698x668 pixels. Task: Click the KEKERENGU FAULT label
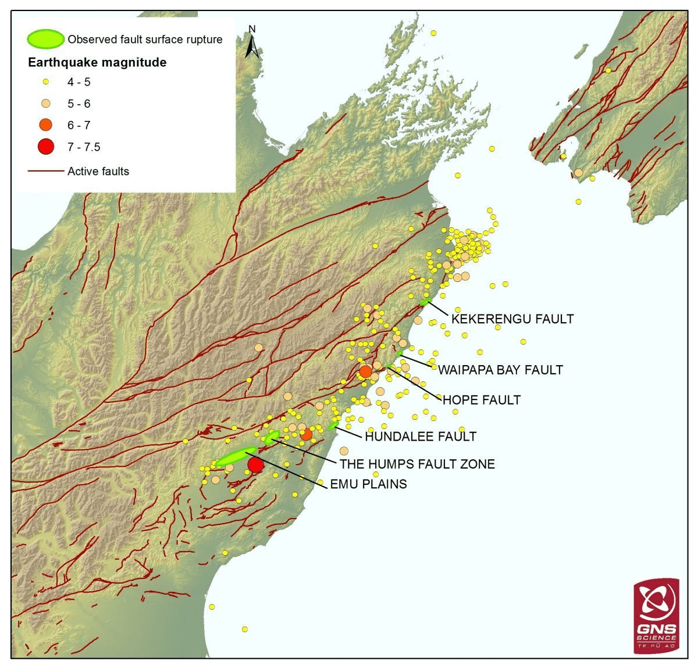pos(512,319)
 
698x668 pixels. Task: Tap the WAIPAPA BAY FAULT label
pos(500,370)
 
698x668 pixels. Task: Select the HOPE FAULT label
pos(481,400)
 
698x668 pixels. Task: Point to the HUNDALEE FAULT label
pos(421,436)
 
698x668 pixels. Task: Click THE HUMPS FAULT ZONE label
pos(417,464)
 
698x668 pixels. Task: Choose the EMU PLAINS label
pos(368,484)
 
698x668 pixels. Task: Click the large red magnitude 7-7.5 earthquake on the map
pos(255,465)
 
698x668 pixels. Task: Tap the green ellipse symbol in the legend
pos(45,39)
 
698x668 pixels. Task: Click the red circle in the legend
pos(46,147)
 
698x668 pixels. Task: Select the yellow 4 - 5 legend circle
pos(46,82)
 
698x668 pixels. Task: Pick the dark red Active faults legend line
pos(45,172)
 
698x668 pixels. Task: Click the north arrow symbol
pos(252,42)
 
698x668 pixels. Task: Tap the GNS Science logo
pos(657,616)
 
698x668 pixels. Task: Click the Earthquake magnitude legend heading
pos(98,62)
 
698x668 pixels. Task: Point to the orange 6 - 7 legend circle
pos(46,125)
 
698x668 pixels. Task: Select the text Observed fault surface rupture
pos(145,40)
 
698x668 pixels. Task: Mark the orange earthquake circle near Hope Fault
pos(365,371)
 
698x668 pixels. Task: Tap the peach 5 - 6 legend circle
pos(46,103)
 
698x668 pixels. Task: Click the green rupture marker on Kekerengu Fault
pos(425,302)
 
